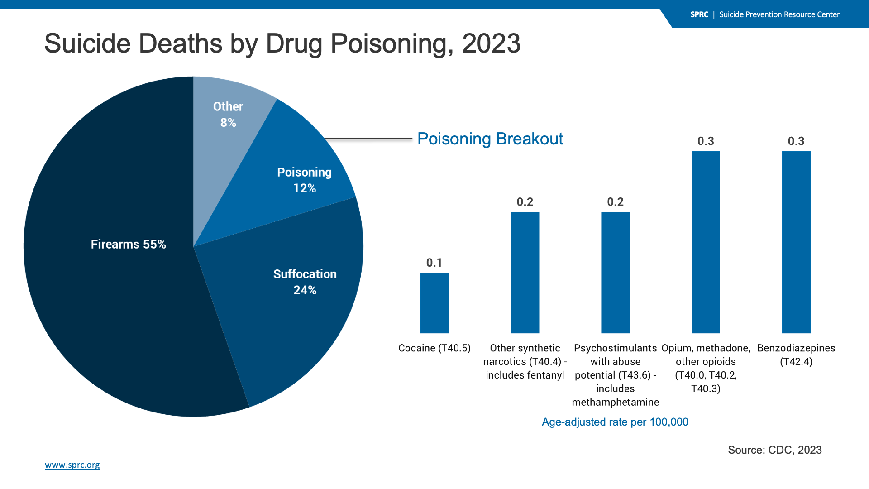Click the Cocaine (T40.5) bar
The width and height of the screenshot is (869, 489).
click(434, 303)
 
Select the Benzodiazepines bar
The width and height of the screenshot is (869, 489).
click(796, 242)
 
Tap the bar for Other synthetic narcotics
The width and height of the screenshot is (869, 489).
click(525, 273)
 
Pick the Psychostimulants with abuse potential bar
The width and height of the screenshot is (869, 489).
click(615, 273)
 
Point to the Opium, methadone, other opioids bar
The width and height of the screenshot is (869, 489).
click(706, 242)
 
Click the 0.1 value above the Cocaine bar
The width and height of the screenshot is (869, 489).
click(434, 263)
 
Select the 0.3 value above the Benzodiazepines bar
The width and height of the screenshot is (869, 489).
click(796, 141)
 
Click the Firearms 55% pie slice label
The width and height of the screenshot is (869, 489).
click(128, 244)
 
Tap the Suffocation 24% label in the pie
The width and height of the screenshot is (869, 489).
click(305, 282)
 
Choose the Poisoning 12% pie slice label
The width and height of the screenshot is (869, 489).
click(304, 180)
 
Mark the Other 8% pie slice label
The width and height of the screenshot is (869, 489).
click(228, 115)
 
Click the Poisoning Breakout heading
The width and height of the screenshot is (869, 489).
click(490, 139)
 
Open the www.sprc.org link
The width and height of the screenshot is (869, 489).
click(72, 465)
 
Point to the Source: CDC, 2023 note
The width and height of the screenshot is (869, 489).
click(774, 450)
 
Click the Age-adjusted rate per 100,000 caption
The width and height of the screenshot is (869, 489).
click(615, 422)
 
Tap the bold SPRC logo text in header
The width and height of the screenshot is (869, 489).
click(699, 14)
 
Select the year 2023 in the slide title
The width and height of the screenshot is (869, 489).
click(491, 43)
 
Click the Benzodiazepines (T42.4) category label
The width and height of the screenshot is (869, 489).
click(796, 355)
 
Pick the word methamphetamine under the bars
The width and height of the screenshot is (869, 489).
click(615, 402)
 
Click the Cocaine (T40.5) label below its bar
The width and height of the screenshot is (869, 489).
click(434, 348)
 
